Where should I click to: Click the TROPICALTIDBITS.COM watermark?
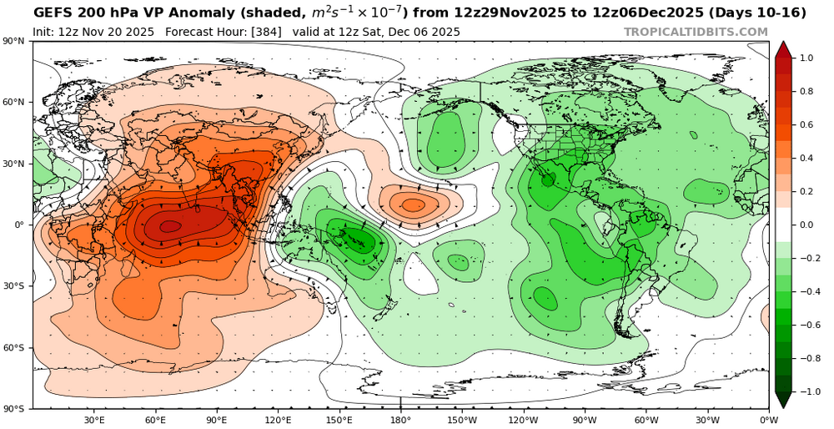point(696,32)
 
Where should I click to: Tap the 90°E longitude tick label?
point(217,419)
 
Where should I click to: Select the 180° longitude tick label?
point(400,419)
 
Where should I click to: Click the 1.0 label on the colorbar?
point(806,58)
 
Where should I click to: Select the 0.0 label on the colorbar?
point(806,225)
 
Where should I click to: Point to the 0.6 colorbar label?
point(806,125)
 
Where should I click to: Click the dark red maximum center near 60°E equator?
point(169,225)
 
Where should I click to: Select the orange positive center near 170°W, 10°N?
point(414,204)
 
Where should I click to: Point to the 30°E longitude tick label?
point(94,419)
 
